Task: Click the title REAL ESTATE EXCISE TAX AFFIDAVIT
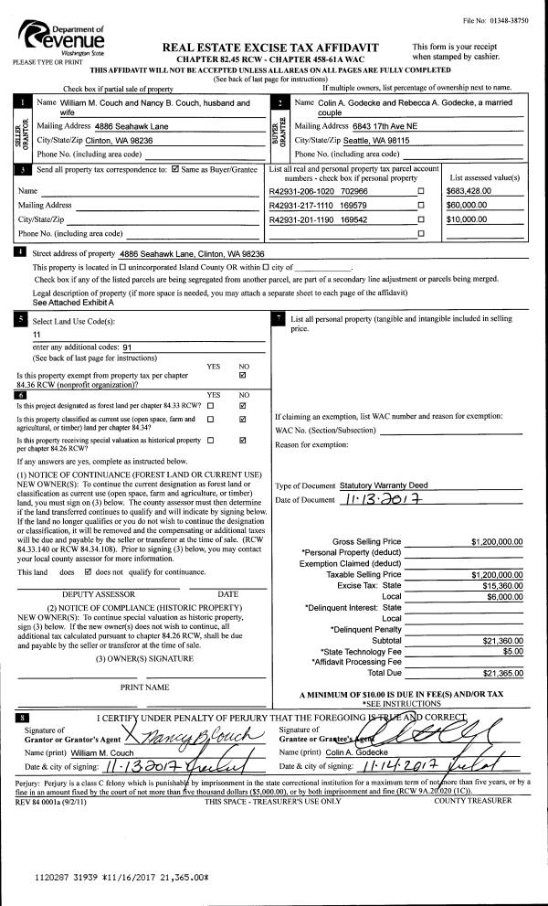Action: (270, 47)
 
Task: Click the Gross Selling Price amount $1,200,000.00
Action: (497, 541)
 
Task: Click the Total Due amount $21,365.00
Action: (502, 674)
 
